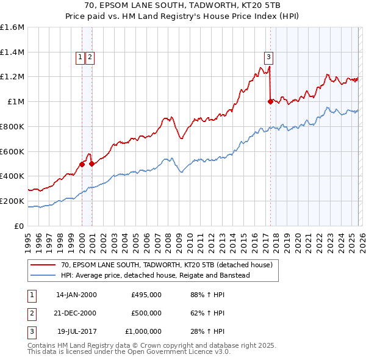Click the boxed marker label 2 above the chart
click(x=90, y=57)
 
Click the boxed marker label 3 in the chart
click(x=268, y=57)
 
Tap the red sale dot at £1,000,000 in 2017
click(x=270, y=102)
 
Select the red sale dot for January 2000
click(x=82, y=164)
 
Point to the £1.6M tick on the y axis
click(x=12, y=27)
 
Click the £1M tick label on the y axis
click(x=15, y=102)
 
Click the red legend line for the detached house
click(x=44, y=265)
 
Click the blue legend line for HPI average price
click(x=44, y=276)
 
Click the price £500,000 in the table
click(x=146, y=313)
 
